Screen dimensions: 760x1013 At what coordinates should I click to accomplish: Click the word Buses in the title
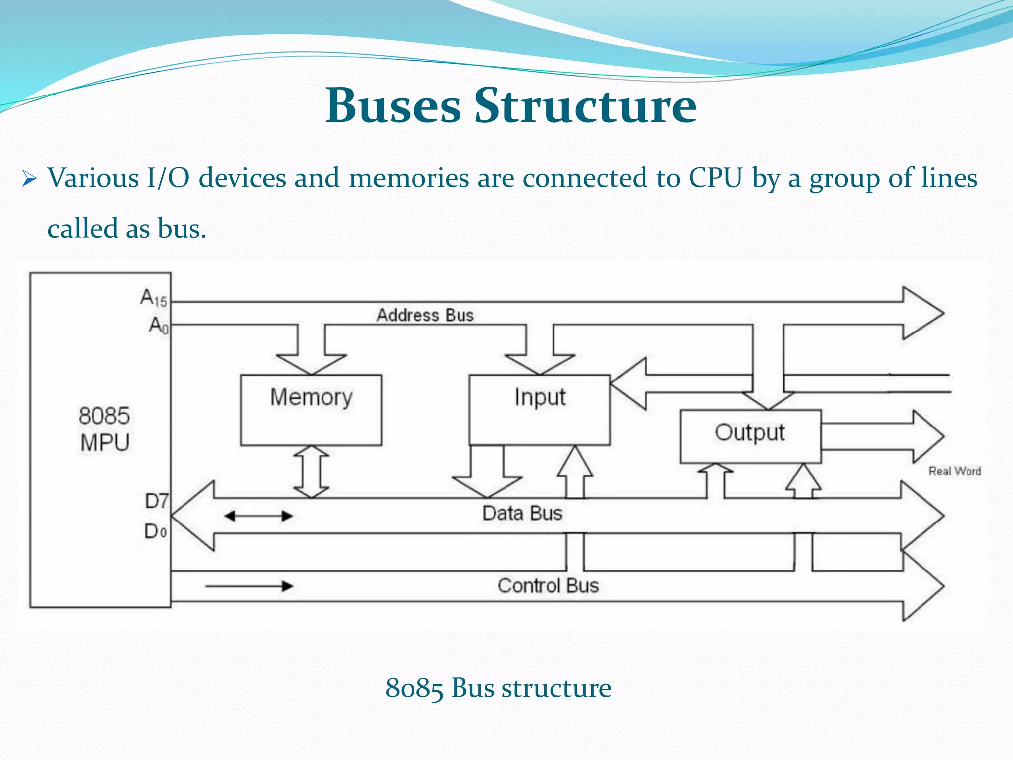point(393,105)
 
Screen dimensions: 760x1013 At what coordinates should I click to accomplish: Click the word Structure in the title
point(586,105)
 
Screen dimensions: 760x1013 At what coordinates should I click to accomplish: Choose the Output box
point(750,436)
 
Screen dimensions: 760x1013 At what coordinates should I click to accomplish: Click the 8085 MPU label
point(104,429)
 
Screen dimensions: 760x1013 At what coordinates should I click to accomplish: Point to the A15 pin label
point(154,298)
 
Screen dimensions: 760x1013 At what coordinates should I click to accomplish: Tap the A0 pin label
point(159,326)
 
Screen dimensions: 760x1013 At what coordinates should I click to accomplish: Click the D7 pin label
point(156,501)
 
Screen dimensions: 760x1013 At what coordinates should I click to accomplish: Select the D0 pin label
point(155,531)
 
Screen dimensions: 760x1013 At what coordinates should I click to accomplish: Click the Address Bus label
point(425,315)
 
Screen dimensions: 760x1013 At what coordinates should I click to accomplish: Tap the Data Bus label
point(522,513)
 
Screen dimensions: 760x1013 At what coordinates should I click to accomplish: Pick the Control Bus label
point(548,586)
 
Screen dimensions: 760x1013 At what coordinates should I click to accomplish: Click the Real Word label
point(954,471)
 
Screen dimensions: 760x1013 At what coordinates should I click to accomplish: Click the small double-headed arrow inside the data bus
point(258,516)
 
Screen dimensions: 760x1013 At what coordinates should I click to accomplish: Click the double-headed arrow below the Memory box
point(311,472)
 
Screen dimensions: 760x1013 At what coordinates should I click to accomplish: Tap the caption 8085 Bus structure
point(498,688)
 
